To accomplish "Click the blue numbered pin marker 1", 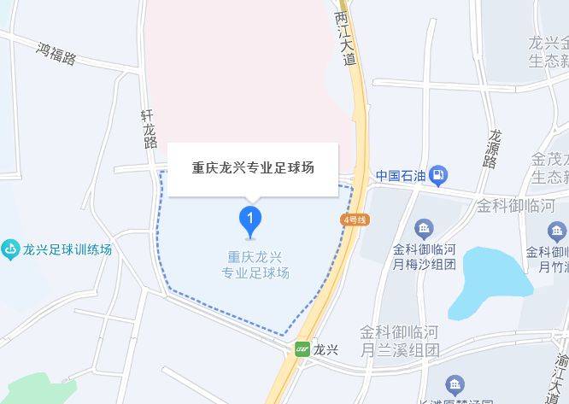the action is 249,220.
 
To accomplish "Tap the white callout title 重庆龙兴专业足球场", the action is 253,167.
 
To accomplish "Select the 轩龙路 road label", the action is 150,129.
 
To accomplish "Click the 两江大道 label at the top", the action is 344,38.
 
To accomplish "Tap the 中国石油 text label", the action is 400,177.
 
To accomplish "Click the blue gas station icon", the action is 438,177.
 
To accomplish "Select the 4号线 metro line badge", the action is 355,220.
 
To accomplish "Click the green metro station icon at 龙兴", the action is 302,348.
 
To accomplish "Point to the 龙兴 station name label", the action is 326,348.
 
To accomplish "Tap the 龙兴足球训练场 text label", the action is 67,250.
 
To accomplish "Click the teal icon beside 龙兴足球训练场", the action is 10,250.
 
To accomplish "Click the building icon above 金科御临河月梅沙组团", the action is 425,228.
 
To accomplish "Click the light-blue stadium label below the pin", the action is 255,265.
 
